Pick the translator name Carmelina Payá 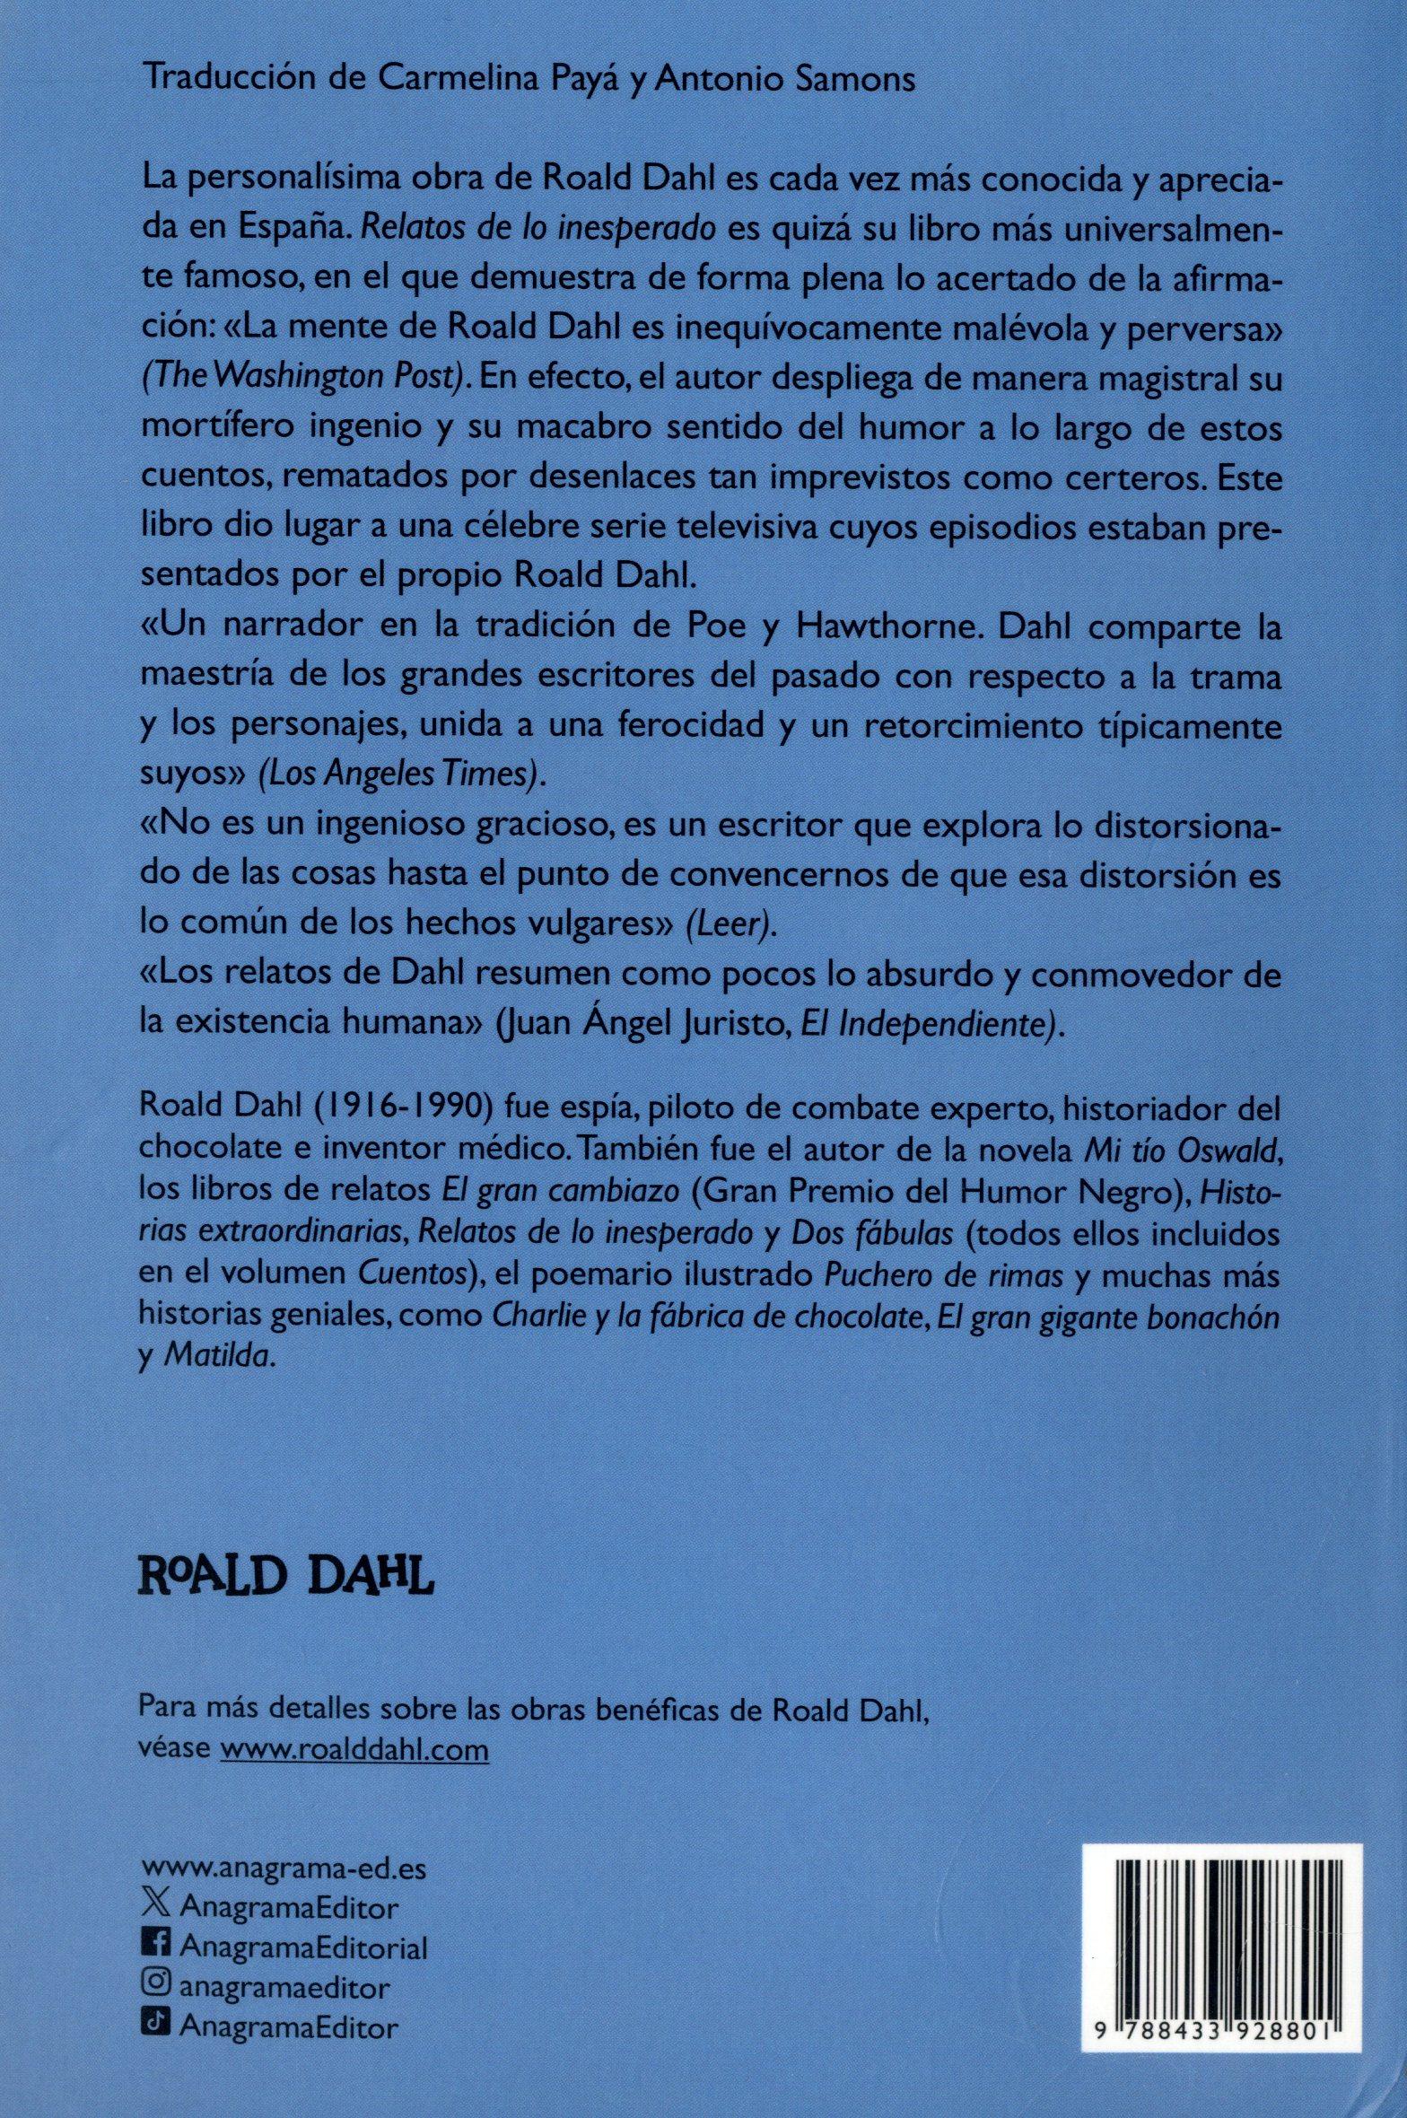tap(488, 80)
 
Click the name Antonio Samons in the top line tap(784, 80)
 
